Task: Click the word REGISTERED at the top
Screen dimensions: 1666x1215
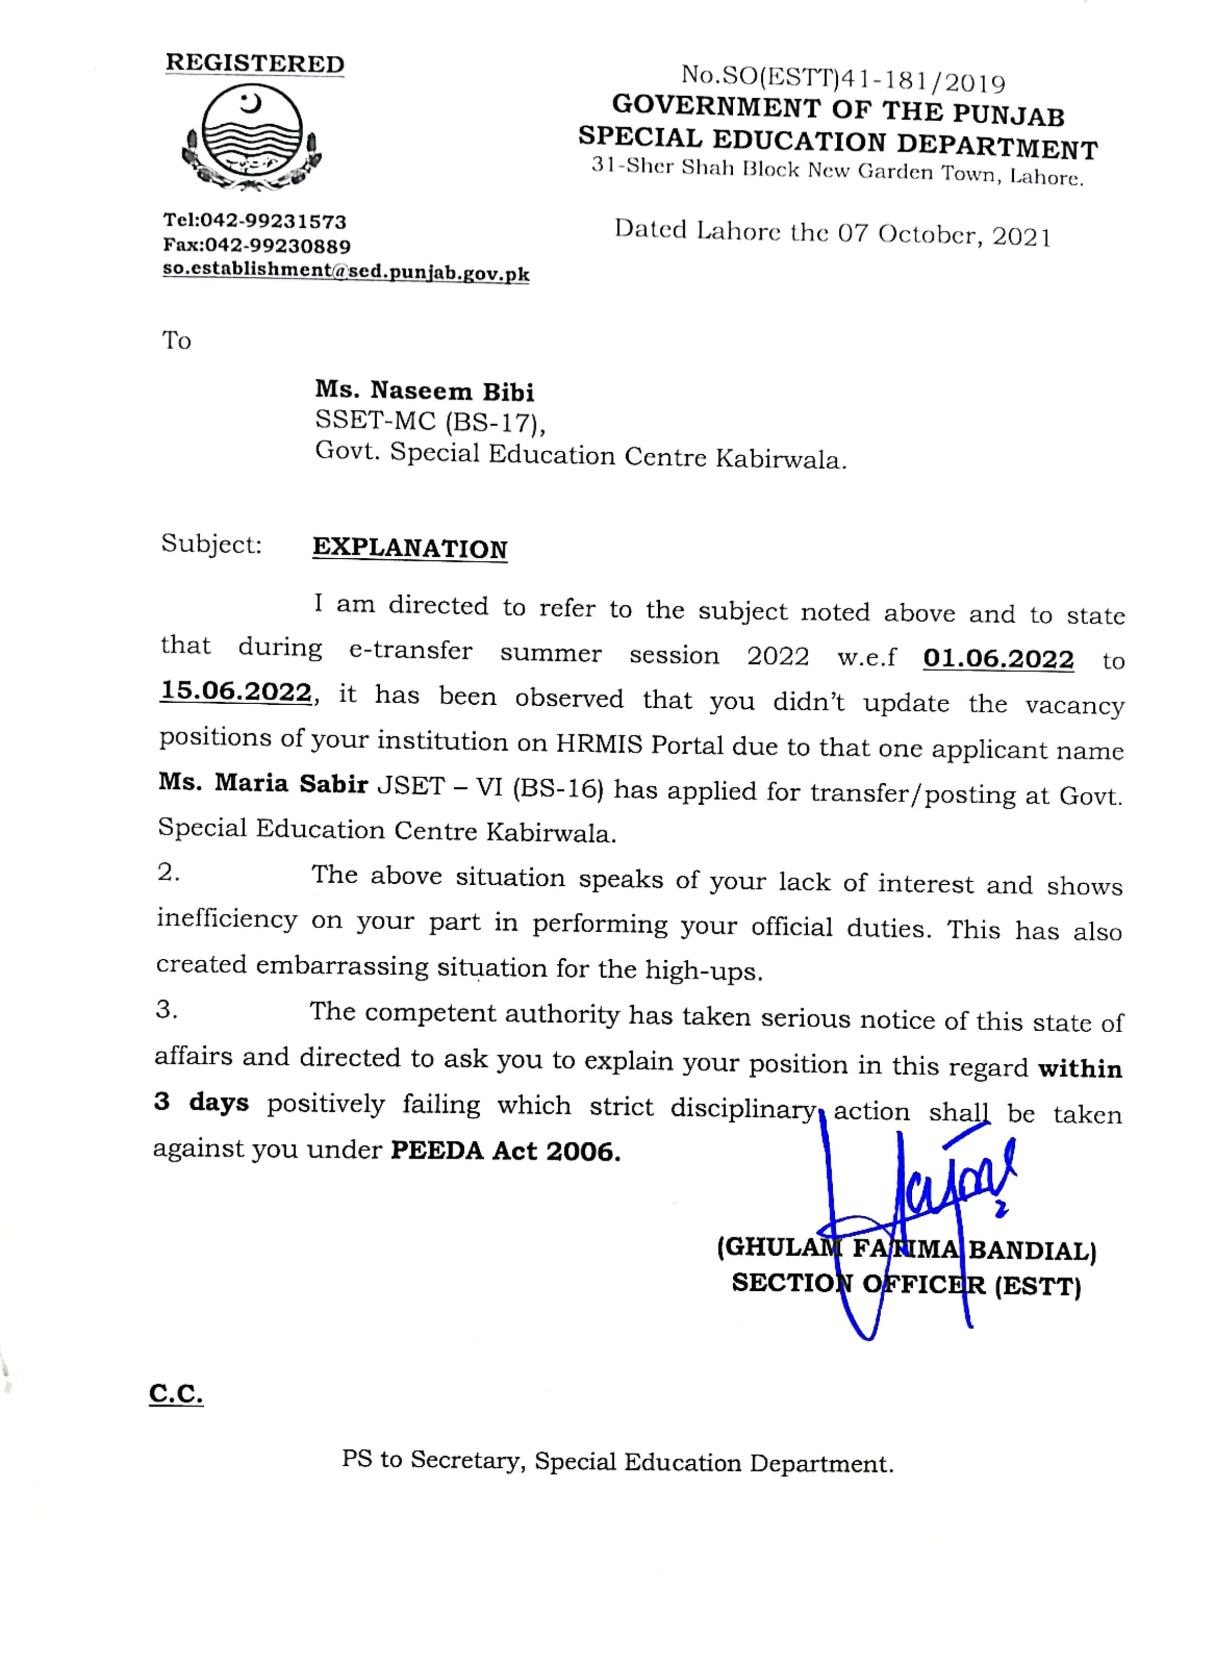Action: (x=254, y=63)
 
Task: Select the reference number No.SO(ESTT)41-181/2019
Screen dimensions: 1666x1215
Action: (x=843, y=78)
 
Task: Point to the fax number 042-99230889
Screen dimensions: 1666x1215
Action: (x=277, y=245)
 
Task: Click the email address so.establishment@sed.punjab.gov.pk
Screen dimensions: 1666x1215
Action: (x=345, y=272)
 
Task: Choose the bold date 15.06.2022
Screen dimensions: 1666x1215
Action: (x=236, y=692)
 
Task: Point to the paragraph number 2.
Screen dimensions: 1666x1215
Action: (x=168, y=872)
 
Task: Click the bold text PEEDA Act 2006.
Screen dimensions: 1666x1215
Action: (x=505, y=1150)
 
